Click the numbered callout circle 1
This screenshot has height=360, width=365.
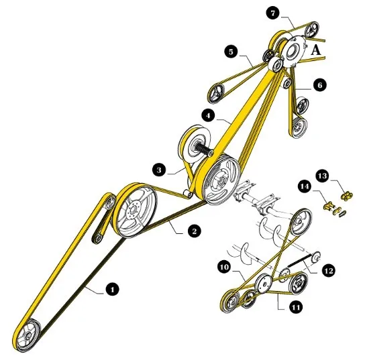[x=112, y=289]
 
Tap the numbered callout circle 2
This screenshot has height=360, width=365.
[x=194, y=231]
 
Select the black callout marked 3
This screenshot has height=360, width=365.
[x=159, y=170]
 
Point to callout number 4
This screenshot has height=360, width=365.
[x=209, y=115]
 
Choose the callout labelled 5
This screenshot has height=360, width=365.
[x=231, y=52]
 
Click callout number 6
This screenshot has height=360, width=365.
[x=320, y=85]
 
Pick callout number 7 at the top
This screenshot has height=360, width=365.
[x=273, y=13]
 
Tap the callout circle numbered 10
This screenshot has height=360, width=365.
[x=225, y=267]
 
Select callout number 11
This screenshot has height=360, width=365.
[x=296, y=308]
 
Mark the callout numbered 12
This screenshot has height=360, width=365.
[x=329, y=270]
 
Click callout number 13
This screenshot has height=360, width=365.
[x=323, y=176]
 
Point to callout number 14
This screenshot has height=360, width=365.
[x=305, y=186]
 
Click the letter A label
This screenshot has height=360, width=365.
[x=315, y=50]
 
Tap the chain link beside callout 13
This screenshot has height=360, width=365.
[x=347, y=196]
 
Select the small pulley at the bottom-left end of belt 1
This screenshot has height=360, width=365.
[x=28, y=335]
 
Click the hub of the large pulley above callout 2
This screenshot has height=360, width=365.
[x=133, y=209]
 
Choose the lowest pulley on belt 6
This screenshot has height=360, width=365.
[x=299, y=128]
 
